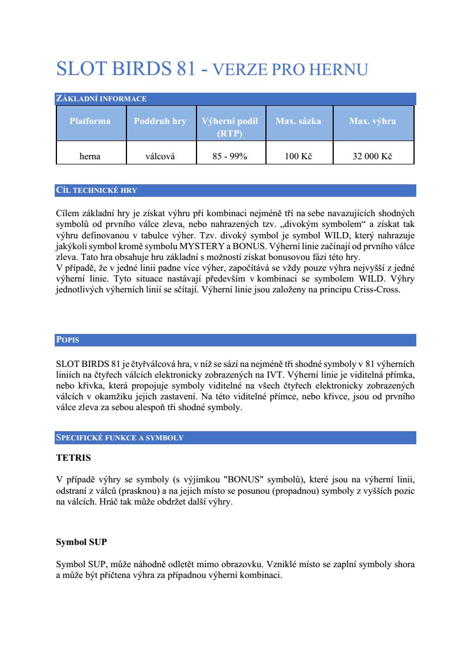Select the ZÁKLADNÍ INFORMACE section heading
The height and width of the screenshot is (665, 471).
point(101,99)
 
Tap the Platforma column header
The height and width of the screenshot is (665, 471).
point(90,121)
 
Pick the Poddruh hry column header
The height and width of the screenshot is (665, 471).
point(160,121)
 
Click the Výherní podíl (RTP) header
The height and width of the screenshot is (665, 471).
point(230,127)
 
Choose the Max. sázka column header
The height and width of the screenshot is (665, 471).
point(298,121)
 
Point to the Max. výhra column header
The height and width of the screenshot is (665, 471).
point(372,121)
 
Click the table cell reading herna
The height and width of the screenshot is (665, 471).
point(90,156)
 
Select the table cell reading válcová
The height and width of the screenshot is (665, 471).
point(160,156)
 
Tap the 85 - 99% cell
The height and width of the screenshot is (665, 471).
point(230,156)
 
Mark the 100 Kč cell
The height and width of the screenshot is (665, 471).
point(298,156)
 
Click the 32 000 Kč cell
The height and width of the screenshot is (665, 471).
point(372,156)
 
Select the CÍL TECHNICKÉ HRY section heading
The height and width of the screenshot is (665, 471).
point(97,191)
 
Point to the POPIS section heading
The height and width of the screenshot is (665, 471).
point(68,340)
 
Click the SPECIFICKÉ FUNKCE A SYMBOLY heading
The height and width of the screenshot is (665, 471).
point(120,438)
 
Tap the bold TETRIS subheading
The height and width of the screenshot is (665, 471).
point(73,457)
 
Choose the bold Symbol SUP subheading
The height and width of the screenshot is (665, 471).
point(81,542)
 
